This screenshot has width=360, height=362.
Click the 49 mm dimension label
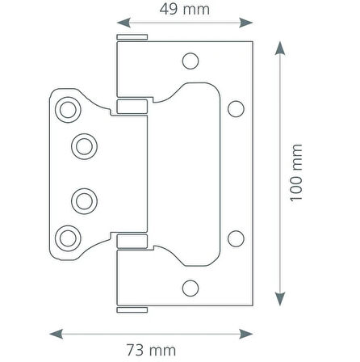(185, 9)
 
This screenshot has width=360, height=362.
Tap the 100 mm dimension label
(296, 173)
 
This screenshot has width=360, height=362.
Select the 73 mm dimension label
(151, 350)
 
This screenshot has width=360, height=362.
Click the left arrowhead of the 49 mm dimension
(123, 23)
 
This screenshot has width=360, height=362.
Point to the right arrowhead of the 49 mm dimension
(246, 23)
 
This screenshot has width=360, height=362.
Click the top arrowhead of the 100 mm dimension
(280, 48)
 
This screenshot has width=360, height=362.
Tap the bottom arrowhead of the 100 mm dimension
(280, 299)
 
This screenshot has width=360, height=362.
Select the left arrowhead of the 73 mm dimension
(57, 334)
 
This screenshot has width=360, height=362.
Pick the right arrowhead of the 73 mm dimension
(246, 334)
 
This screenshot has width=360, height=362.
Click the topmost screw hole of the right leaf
(190, 61)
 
